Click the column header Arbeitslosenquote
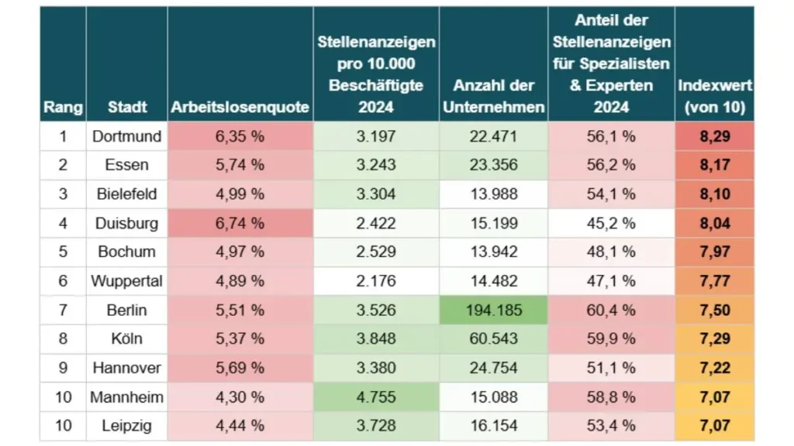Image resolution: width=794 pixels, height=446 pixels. tap(240, 107)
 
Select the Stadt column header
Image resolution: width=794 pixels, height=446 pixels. tap(127, 107)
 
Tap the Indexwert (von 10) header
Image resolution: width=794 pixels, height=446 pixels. tap(714, 96)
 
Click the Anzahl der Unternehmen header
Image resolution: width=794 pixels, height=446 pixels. tap(493, 96)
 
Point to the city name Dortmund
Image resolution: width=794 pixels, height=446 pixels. tap(127, 136)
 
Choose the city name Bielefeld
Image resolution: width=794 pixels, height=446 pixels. tap(127, 194)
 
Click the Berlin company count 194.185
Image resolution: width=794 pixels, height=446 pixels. tap(493, 310)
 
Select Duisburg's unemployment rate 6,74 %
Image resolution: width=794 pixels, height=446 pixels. tap(240, 223)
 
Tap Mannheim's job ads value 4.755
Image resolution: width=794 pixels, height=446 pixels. tap(376, 397)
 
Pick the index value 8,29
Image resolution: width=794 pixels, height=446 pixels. tap(714, 136)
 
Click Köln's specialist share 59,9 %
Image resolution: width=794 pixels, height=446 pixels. tap(611, 339)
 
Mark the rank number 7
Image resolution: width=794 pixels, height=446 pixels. tap(63, 310)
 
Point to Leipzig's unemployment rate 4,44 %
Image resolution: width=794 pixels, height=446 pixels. tap(240, 426)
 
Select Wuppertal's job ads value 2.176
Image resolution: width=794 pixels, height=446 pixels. tap(376, 281)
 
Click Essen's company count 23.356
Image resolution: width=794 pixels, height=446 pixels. tap(493, 165)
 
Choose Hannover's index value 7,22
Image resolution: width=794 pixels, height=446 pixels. tap(714, 368)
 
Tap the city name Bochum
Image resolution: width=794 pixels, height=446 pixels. tap(127, 252)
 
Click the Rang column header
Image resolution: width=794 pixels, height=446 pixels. tap(63, 107)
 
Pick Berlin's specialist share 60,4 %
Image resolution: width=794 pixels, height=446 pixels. tap(611, 310)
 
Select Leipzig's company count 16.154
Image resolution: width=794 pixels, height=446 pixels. tap(493, 426)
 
